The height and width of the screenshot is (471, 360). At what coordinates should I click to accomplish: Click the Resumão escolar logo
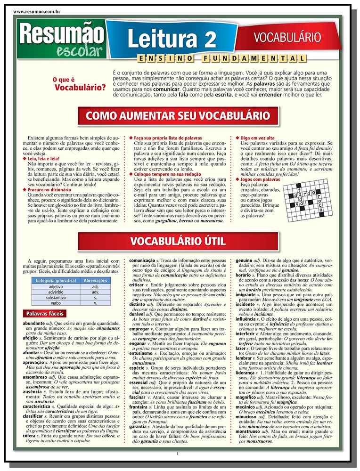tap(61, 40)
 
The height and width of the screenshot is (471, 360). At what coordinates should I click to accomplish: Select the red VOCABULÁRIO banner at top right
tap(287, 37)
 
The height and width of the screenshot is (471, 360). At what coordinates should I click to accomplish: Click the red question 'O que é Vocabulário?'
tap(79, 84)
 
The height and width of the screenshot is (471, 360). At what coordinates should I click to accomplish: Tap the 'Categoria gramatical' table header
tap(56, 280)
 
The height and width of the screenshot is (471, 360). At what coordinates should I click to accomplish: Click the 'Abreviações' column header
tap(95, 280)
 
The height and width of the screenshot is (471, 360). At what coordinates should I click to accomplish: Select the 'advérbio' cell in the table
tap(56, 292)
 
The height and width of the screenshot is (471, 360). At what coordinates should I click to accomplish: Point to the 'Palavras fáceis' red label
tap(44, 314)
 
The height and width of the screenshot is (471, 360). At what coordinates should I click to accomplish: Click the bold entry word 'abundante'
tap(33, 324)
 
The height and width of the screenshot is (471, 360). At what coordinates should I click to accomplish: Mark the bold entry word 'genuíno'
tap(244, 260)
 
